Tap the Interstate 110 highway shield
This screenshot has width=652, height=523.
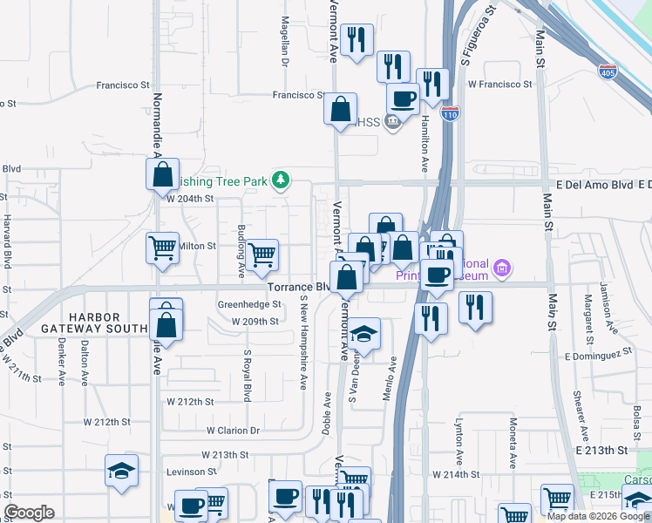(x=449, y=114)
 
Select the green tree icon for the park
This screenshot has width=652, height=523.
(x=280, y=180)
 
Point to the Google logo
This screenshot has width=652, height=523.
(x=29, y=513)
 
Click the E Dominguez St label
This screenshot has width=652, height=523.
(x=597, y=356)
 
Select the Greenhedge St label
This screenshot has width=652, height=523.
(x=249, y=305)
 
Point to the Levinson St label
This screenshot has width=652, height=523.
(x=190, y=472)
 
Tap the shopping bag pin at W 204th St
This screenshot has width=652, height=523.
(x=163, y=174)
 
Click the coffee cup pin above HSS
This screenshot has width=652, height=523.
(x=403, y=98)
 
